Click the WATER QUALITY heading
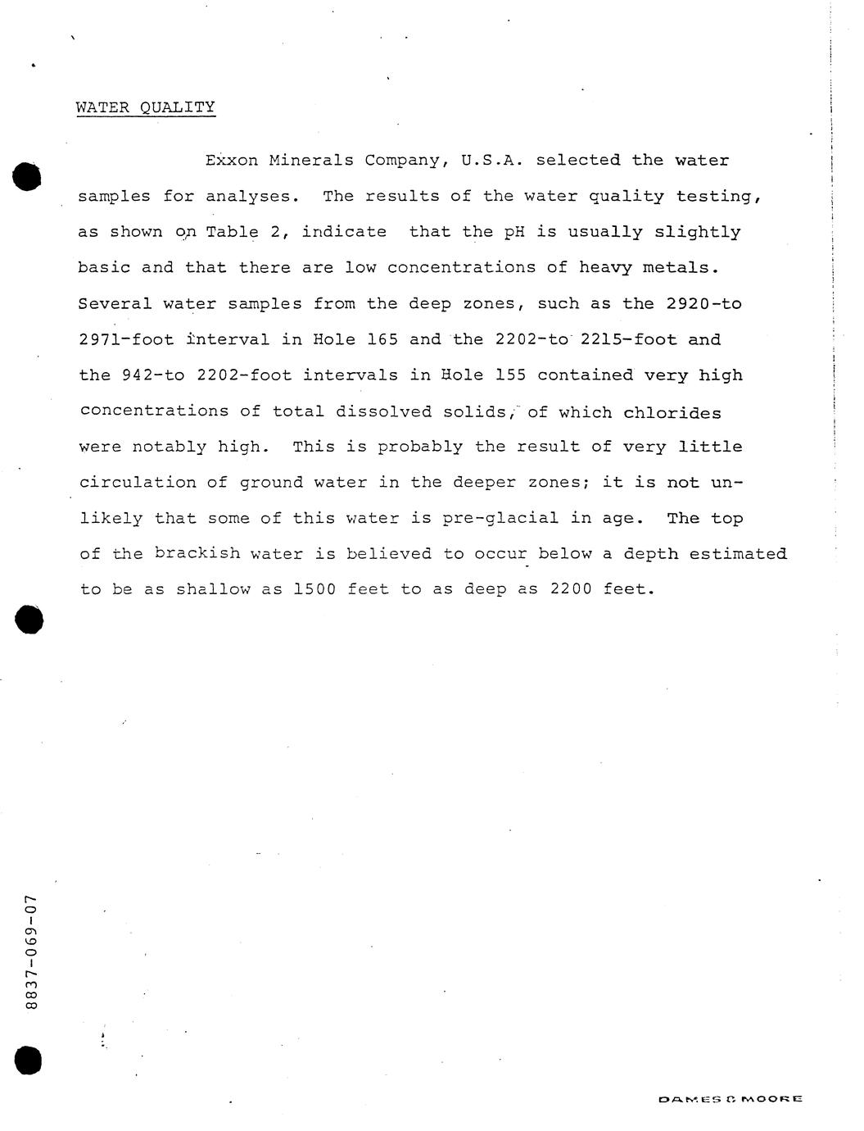pyautogui.click(x=146, y=107)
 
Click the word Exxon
pyautogui.click(x=232, y=161)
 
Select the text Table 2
pyautogui.click(x=244, y=232)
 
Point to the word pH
pyautogui.click(x=513, y=232)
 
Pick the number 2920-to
pyautogui.click(x=703, y=304)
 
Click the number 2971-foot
pyautogui.click(x=126, y=339)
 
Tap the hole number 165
pyautogui.click(x=382, y=339)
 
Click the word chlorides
pyautogui.click(x=672, y=411)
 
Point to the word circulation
pyautogui.click(x=138, y=483)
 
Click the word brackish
pyautogui.click(x=197, y=553)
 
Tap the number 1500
pyautogui.click(x=314, y=589)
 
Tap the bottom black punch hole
pyautogui.click(x=26, y=1060)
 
